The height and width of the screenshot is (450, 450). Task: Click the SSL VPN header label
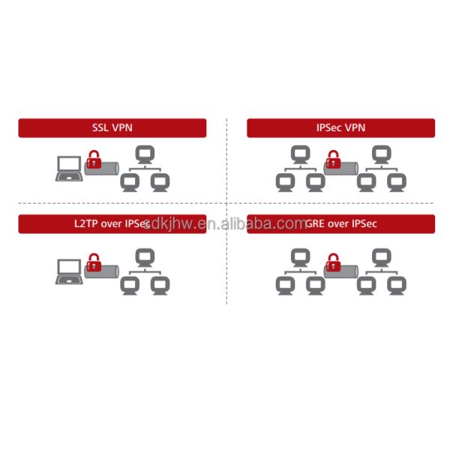(x=112, y=127)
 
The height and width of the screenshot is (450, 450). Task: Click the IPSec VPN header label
(x=340, y=127)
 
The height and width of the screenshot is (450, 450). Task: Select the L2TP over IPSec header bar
(x=112, y=224)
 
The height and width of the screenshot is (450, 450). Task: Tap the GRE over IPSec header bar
(x=340, y=224)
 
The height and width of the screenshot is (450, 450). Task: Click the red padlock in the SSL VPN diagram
(x=94, y=160)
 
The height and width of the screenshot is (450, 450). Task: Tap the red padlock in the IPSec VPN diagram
(x=331, y=160)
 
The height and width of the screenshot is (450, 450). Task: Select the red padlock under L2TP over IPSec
(x=94, y=262)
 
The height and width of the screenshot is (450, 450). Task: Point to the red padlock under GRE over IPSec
(x=331, y=262)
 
